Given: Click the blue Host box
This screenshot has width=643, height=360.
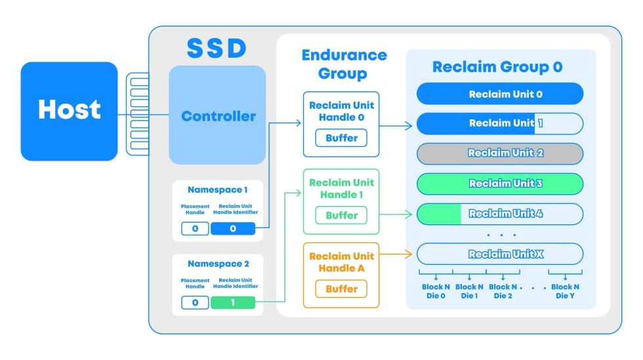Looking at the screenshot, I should [69, 111].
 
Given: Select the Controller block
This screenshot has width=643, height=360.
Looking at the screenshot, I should [218, 116].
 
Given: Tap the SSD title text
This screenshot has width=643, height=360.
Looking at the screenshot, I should [217, 49].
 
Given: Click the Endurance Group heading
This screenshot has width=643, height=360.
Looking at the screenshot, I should [344, 64].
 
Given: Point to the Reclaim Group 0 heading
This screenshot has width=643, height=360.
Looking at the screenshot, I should [497, 67].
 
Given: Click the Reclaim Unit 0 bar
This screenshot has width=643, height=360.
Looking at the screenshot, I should [500, 94].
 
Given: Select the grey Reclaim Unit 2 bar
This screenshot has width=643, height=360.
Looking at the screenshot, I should [500, 153].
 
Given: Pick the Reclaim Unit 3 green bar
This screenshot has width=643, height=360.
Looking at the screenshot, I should [500, 184].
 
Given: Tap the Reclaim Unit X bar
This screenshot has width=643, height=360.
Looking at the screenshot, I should [500, 254].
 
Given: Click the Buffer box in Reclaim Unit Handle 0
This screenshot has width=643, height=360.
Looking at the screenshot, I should [341, 138].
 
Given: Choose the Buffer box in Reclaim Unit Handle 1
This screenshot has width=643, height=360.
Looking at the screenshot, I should [341, 215].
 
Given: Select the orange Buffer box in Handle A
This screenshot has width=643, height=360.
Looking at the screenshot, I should [341, 289].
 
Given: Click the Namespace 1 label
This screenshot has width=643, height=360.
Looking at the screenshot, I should [217, 190].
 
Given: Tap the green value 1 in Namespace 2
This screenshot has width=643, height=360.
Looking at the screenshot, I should [232, 302].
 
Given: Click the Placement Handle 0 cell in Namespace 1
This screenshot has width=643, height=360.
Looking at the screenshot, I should [195, 229].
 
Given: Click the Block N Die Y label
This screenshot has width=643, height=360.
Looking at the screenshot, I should [565, 291].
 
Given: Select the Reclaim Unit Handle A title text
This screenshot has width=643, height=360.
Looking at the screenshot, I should [341, 262].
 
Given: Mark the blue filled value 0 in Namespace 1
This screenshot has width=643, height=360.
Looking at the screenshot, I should [232, 229].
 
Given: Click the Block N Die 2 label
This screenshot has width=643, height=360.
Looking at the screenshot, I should [503, 291].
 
